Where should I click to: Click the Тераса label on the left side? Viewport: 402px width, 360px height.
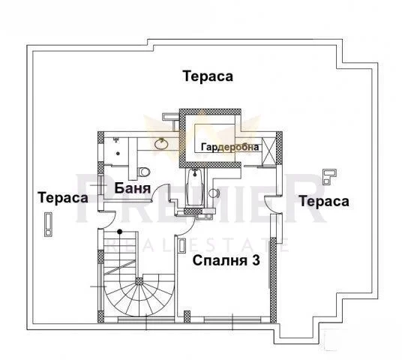click(64, 197)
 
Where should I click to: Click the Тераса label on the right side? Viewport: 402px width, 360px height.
click(323, 201)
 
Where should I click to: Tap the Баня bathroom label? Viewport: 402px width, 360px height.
click(134, 188)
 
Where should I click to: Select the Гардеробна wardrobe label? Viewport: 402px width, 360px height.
click(229, 148)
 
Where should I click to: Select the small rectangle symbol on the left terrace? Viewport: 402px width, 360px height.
click(49, 223)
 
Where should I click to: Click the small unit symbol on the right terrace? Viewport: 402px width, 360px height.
click(328, 177)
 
